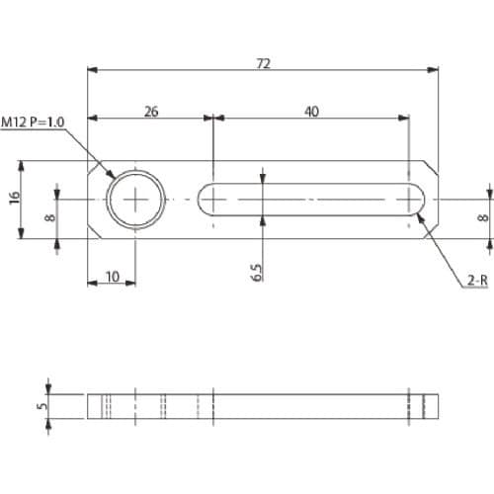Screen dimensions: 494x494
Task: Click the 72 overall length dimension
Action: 264,63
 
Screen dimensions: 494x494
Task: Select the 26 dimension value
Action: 151,112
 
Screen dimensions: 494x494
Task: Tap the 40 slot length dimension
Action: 311,112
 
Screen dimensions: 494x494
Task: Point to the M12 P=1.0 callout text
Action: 33,123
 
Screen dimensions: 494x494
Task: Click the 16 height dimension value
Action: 15,198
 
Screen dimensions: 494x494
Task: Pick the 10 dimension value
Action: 113,277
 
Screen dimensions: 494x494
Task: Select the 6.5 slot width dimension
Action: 257,273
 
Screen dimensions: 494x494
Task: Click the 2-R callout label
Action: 477,281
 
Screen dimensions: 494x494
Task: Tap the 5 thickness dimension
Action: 42,406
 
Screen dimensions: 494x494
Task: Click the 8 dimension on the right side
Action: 483,217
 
